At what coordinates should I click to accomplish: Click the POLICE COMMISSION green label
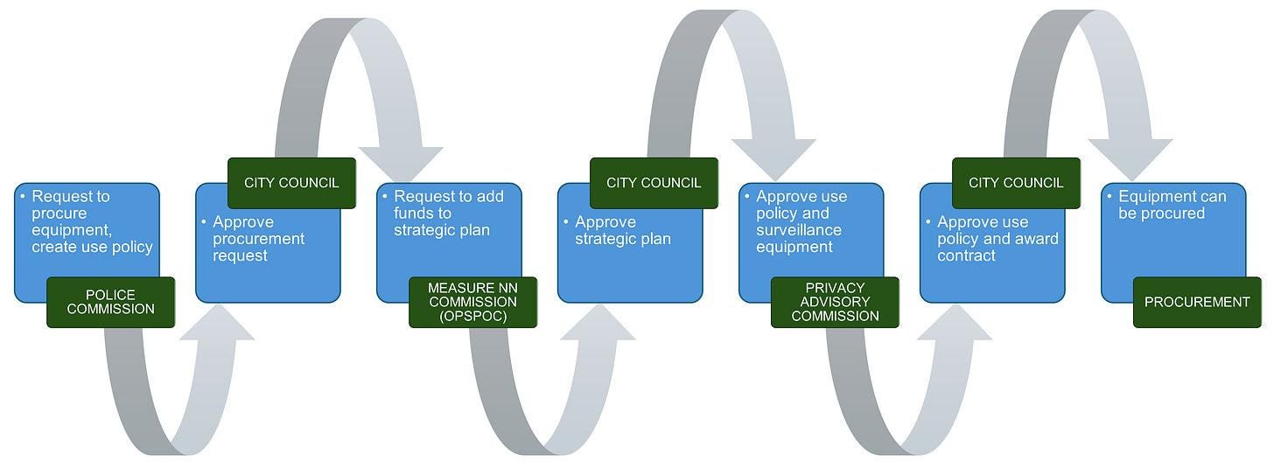coord(110,302)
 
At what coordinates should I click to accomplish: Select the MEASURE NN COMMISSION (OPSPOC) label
coord(472,302)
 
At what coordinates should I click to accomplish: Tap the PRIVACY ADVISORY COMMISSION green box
coord(835,302)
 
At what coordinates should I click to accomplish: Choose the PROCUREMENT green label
coord(1197,302)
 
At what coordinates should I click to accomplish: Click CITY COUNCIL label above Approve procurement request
coord(291,183)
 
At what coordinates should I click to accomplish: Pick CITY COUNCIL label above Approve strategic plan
coord(654,183)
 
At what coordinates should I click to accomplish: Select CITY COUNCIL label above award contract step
coord(1016,183)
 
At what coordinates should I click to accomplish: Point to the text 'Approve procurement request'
coord(259,239)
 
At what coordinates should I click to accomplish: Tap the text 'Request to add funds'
coord(448,205)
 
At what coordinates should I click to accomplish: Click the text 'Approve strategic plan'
coord(622,230)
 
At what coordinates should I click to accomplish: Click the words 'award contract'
coord(997,247)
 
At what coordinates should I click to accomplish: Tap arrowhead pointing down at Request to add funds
coord(401,162)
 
